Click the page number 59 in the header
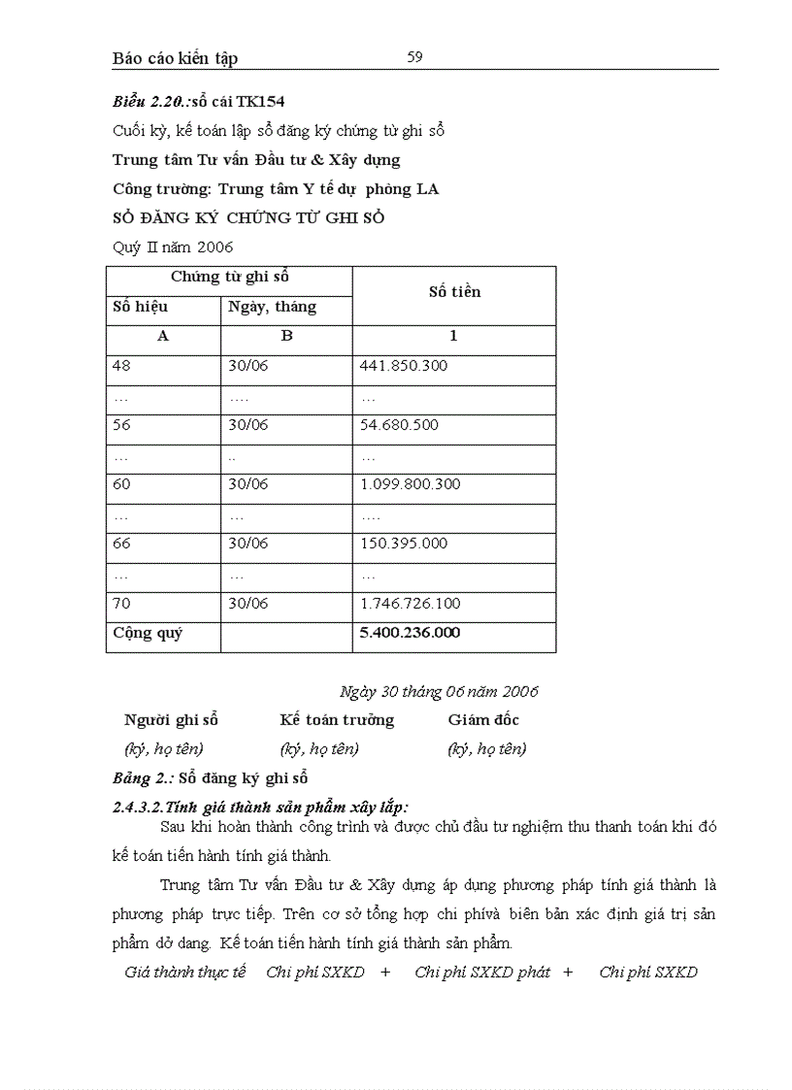pos(414,57)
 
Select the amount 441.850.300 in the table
pos(403,366)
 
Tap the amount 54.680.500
pos(399,425)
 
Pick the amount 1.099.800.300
pos(410,484)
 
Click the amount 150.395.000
pos(403,544)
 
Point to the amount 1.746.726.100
pos(410,604)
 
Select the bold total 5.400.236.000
pos(410,633)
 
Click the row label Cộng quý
pos(148,634)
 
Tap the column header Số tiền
pos(454,292)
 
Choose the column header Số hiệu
pos(141,307)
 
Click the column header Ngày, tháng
pos(272,308)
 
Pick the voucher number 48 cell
pos(121,366)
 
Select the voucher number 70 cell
pos(121,604)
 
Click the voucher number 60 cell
pos(121,484)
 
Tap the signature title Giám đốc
pos(483,720)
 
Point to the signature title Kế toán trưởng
pos(337,720)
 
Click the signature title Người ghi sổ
pos(171,720)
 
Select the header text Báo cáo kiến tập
pos(175,58)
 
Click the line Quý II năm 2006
pos(173,248)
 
